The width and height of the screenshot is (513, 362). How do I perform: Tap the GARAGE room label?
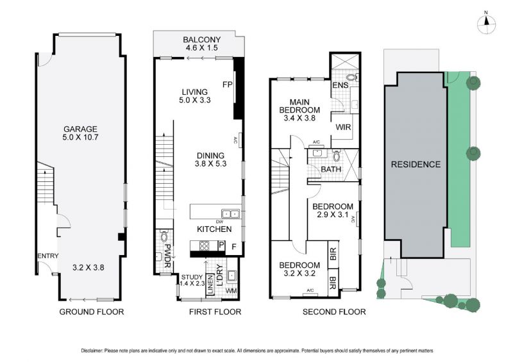point(81,129)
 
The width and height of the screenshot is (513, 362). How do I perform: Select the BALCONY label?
point(202,40)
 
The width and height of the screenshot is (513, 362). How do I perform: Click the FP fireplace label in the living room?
point(228,85)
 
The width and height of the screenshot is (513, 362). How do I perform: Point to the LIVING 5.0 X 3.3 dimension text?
point(195,100)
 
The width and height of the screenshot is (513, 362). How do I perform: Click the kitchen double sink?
point(231,214)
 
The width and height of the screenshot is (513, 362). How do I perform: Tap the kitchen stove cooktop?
point(204,245)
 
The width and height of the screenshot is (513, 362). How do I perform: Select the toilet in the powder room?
point(164,236)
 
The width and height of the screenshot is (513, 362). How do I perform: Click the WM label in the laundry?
point(231,290)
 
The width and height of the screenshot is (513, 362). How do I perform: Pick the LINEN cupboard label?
point(210,285)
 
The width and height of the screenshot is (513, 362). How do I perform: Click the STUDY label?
point(192,277)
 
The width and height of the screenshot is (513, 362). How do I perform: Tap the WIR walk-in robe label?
point(343,127)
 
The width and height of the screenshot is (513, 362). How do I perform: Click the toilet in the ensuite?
point(352,78)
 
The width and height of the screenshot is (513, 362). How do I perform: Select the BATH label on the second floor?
point(331,169)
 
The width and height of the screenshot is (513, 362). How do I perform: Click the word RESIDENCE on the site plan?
point(415,164)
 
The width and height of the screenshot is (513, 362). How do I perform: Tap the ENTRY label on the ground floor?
point(47,256)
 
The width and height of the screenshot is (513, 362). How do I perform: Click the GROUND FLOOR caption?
point(92,312)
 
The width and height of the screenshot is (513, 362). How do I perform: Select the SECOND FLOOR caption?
point(334,312)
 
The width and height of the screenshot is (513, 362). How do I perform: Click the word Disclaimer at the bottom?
point(92,351)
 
